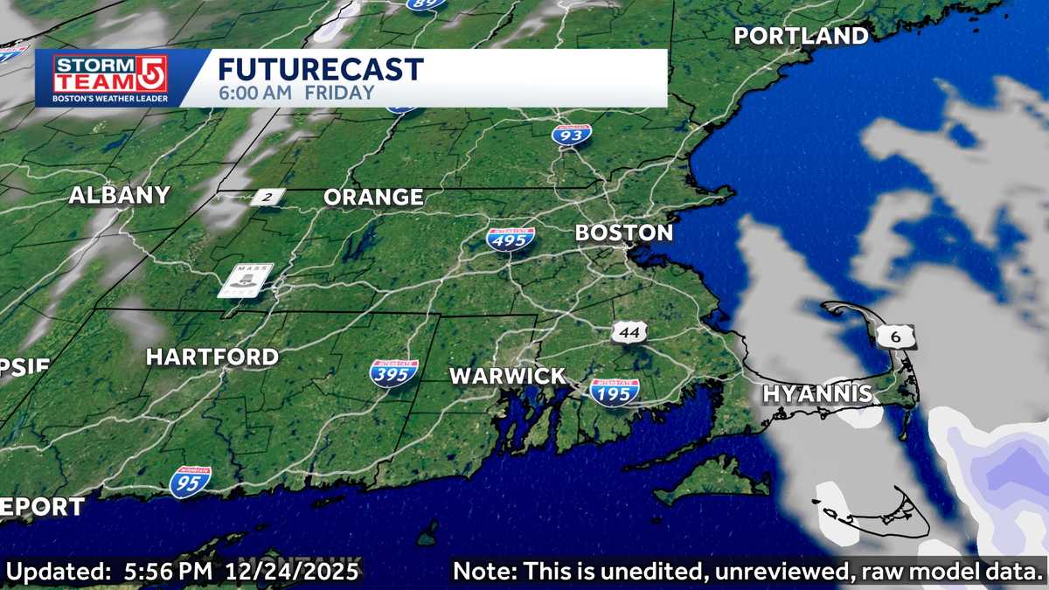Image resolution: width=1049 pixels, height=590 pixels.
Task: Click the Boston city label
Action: coord(623,233)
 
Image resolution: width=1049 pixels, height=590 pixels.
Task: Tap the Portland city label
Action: coord(801,36)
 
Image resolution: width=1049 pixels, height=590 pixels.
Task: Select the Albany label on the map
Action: coord(119,196)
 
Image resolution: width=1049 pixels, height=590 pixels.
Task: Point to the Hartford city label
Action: coord(212,357)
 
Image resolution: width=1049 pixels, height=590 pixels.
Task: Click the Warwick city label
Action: coord(507,377)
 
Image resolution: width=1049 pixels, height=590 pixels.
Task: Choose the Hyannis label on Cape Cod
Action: coord(817,393)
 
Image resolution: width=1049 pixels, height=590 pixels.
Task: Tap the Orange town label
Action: coord(373,198)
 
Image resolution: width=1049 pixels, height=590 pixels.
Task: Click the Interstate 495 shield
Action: coord(511,239)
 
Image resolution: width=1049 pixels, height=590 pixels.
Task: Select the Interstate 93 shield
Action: coord(571,135)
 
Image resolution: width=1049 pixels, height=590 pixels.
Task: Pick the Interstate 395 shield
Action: coord(393,373)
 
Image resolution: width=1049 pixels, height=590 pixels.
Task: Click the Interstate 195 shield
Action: coord(614,392)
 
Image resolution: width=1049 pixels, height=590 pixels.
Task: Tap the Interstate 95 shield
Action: coord(190,482)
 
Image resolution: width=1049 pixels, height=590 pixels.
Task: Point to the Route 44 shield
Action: coord(629,332)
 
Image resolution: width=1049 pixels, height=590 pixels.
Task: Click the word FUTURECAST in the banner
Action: coord(320,69)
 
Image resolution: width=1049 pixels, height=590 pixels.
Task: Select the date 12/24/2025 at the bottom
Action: coord(293,573)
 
